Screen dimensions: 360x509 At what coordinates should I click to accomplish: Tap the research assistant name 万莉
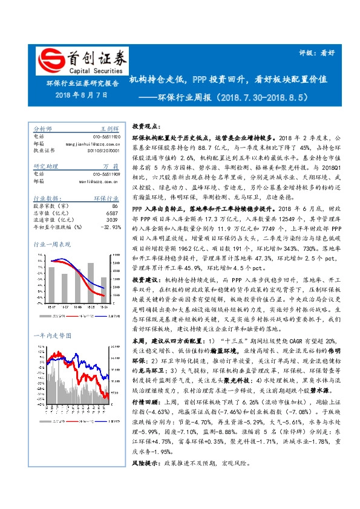(x=110, y=166)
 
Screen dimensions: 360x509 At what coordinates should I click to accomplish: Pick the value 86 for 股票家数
(x=115, y=206)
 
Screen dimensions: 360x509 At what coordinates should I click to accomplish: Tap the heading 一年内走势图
(x=52, y=335)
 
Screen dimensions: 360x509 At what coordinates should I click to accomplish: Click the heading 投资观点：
(x=146, y=126)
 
